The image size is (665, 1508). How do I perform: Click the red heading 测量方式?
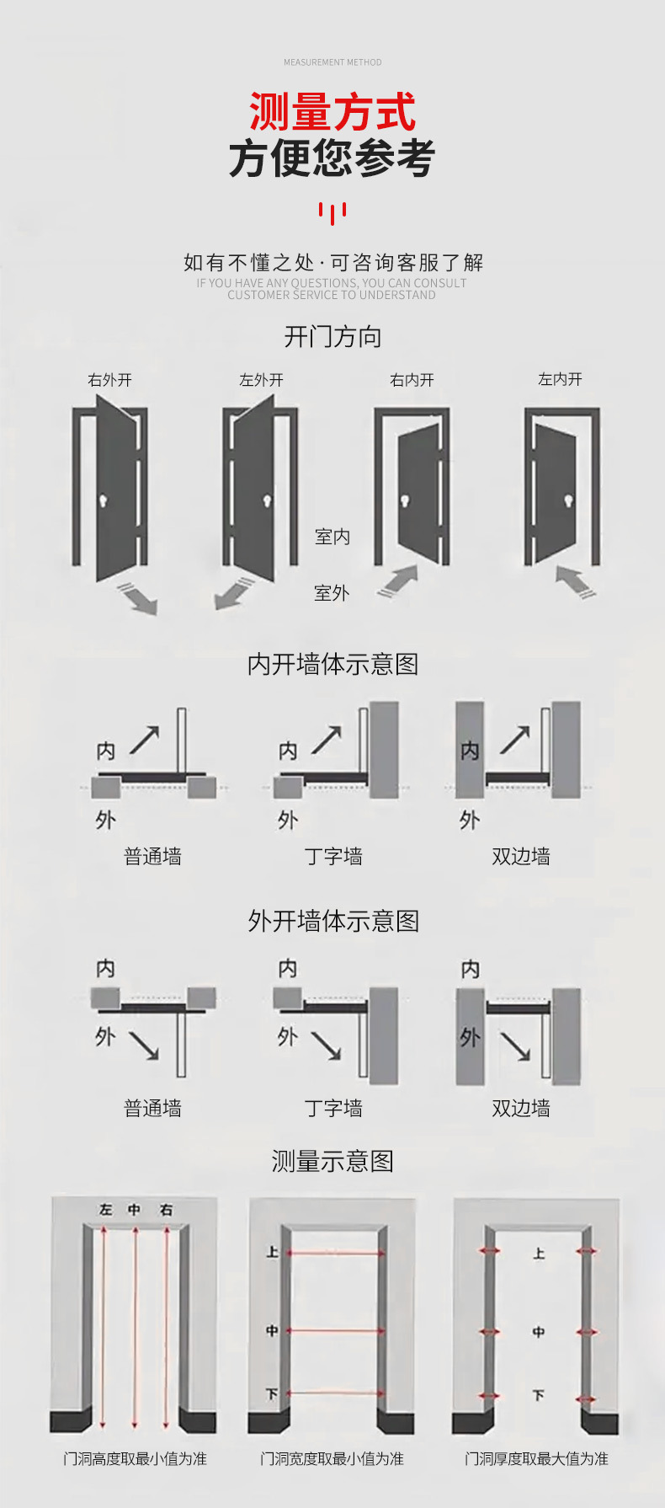tap(332, 113)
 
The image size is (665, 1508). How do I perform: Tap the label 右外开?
tap(110, 380)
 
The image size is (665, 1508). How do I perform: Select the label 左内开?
tap(561, 379)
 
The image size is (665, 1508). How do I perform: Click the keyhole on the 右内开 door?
tap(405, 501)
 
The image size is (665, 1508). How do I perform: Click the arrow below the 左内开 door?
tap(577, 581)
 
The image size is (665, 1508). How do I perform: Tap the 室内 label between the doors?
tap(332, 537)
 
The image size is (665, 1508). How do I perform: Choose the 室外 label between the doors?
tap(332, 593)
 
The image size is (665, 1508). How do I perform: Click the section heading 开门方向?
tap(332, 337)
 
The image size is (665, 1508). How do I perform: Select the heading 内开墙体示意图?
tap(332, 664)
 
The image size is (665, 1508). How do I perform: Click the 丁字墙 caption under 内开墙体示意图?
tap(333, 857)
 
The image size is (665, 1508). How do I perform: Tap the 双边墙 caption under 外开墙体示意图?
tap(521, 1108)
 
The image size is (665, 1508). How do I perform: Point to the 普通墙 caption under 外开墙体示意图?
tap(152, 1108)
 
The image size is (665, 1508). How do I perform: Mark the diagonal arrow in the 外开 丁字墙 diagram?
tap(327, 1045)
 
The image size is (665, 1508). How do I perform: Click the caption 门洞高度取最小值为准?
tap(135, 1458)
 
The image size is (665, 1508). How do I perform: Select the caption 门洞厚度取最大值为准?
tap(536, 1458)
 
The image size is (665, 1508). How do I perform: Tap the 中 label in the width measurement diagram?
tap(272, 1331)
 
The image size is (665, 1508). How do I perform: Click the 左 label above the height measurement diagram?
tap(105, 1210)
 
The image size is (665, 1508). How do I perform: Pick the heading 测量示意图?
tap(332, 1161)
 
